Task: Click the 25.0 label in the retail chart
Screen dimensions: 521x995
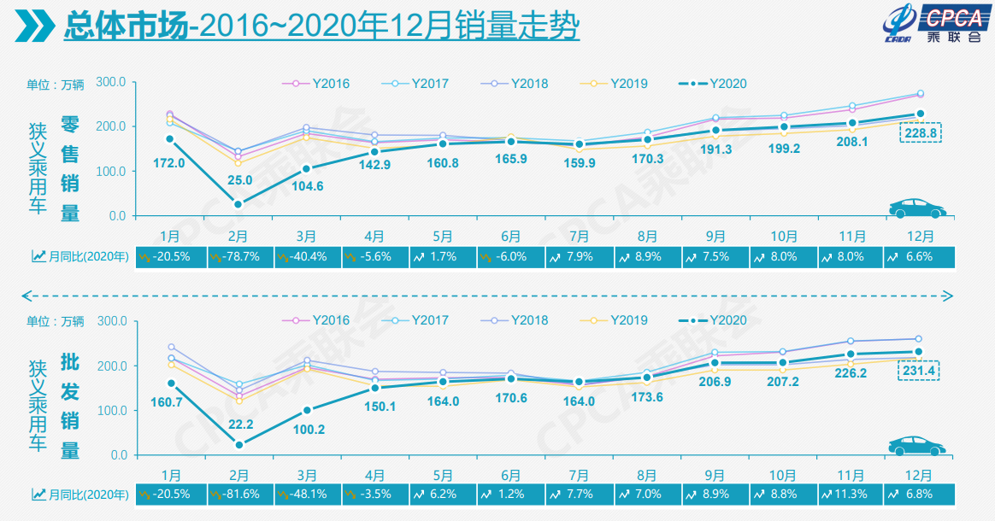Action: click(239, 180)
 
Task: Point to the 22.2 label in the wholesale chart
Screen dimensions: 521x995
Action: click(239, 424)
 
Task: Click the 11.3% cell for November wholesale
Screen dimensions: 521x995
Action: click(850, 494)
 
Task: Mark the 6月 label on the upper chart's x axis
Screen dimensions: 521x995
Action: click(511, 235)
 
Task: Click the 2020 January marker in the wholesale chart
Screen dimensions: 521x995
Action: click(171, 383)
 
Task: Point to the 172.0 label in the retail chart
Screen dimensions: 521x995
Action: click(169, 162)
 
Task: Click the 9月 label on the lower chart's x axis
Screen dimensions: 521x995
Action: click(715, 473)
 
